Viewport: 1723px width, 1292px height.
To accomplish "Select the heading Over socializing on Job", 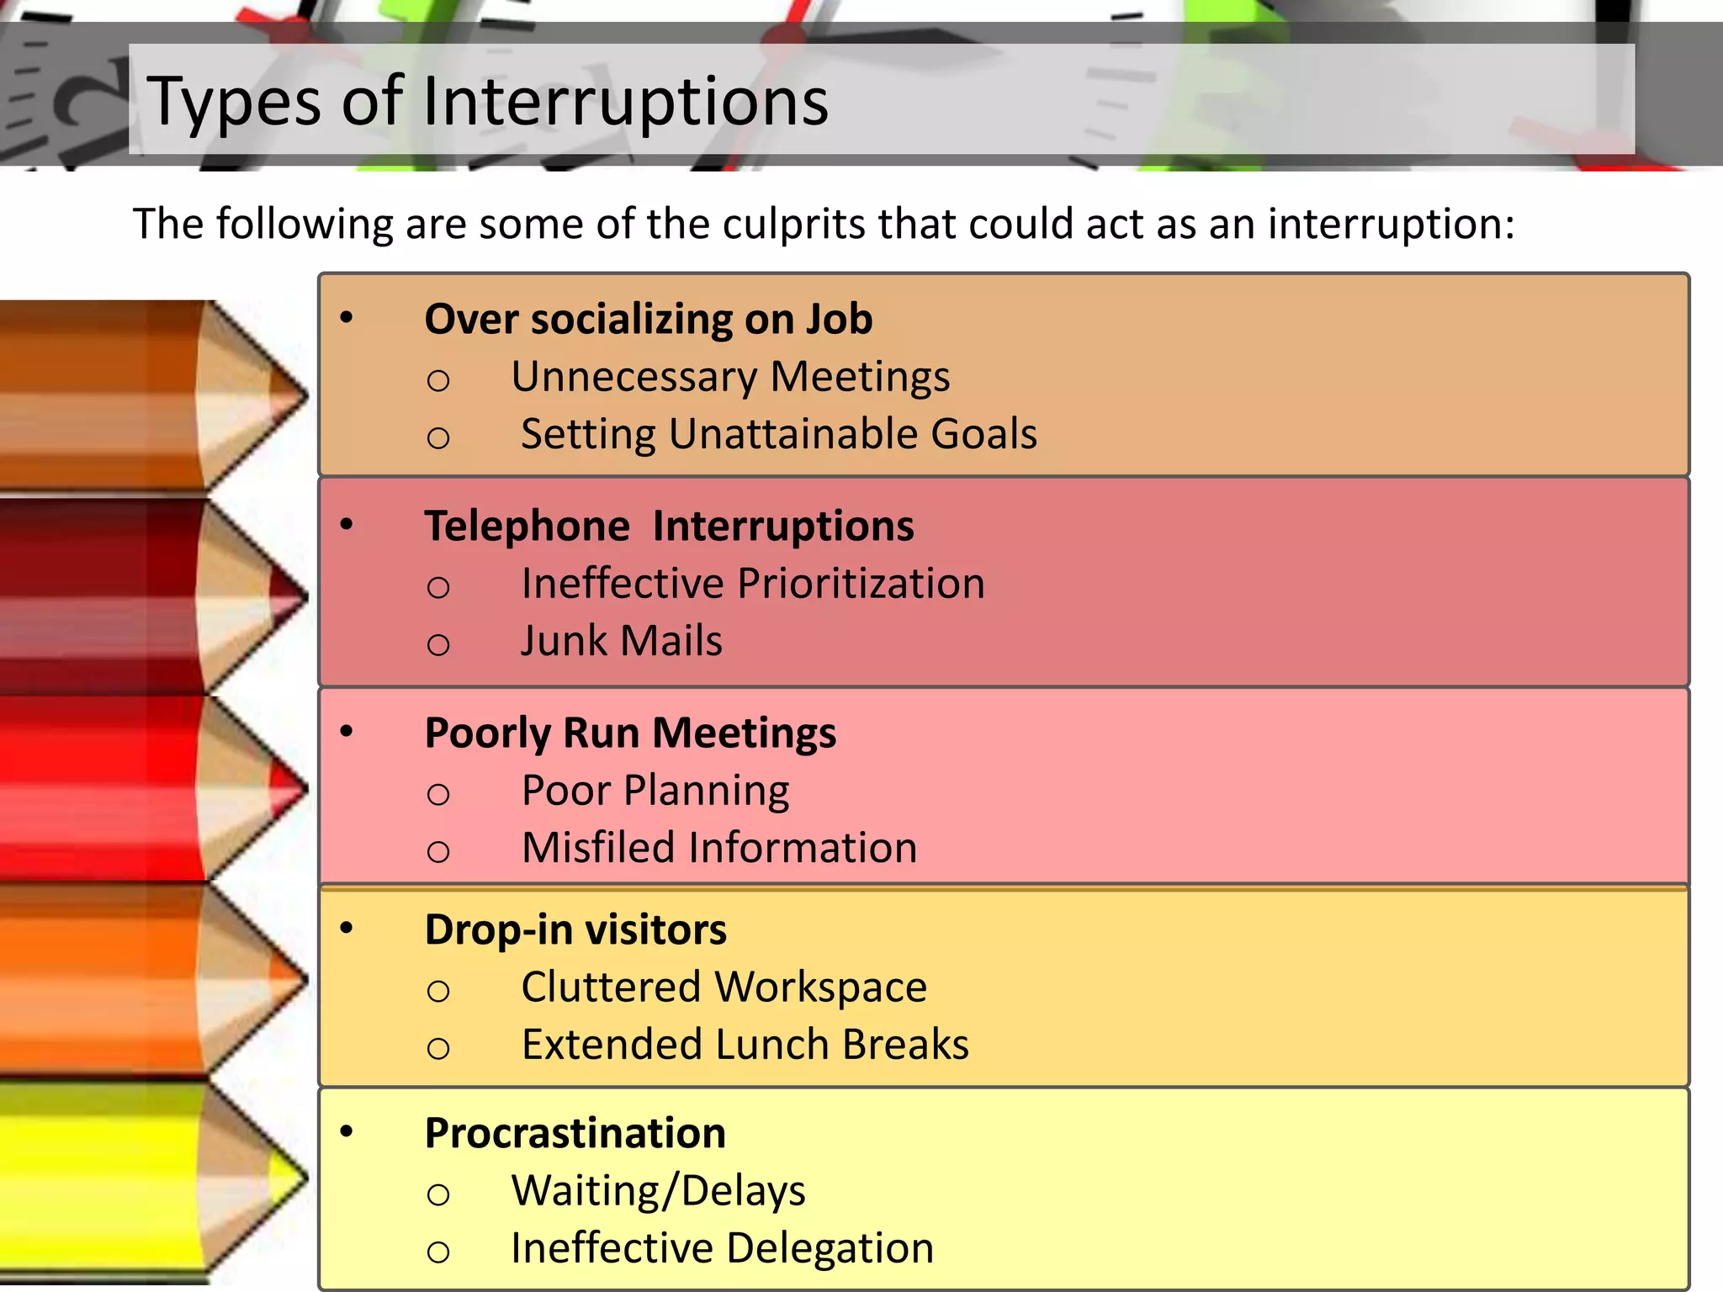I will (648, 320).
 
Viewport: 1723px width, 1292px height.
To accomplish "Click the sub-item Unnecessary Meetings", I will (730, 377).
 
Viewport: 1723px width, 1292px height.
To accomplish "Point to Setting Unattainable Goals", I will (778, 434).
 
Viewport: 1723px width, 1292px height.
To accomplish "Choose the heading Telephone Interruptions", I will (669, 527).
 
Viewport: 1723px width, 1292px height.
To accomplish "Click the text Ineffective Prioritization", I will (753, 584).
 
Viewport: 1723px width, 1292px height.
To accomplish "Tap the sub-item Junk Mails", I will (621, 641).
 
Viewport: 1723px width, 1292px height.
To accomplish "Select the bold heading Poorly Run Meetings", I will (630, 733).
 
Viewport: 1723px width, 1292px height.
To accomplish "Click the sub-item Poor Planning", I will (655, 791).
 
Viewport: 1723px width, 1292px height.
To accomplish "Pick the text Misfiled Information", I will (719, 848).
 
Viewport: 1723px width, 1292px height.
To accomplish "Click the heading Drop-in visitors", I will (575, 930).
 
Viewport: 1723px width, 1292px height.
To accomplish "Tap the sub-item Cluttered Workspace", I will (724, 988).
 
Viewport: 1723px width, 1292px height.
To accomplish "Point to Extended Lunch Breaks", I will (745, 1045).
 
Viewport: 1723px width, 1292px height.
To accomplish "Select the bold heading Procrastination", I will (575, 1134).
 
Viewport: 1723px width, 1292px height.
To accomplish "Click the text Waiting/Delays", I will (658, 1191).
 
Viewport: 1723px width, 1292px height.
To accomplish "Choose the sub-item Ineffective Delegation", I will (722, 1248).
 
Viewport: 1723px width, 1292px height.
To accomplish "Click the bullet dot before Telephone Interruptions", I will (347, 525).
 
